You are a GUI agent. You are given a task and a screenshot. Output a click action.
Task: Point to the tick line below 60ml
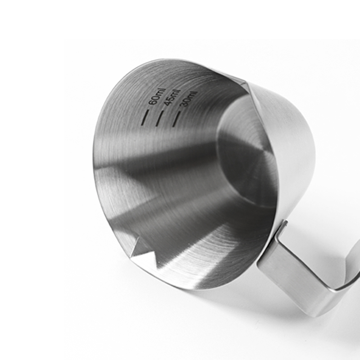pos(146,117)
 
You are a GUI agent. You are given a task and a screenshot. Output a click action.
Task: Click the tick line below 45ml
pos(159,118)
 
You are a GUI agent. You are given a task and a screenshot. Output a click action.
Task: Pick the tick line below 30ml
pos(176,119)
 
